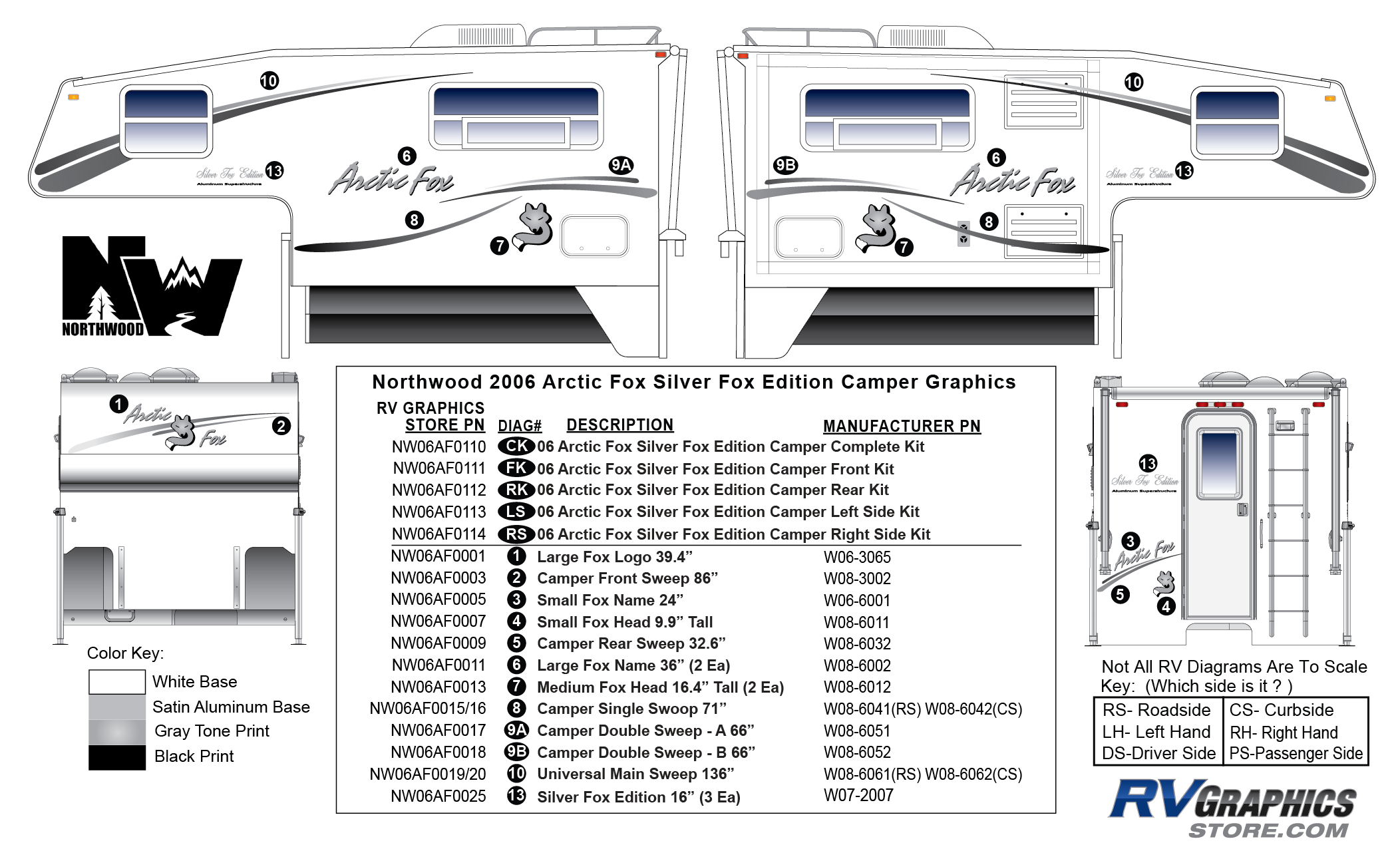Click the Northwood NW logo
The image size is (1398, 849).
coord(151,286)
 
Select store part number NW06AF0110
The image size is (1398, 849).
coord(438,447)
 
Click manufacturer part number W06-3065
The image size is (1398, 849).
coord(857,557)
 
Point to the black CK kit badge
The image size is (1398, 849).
coord(516,446)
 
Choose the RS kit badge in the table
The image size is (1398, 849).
coord(516,534)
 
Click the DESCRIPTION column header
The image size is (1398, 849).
coord(619,425)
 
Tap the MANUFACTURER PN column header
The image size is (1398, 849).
coord(902,426)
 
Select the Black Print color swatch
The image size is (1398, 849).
coord(117,757)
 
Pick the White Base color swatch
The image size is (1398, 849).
coord(117,682)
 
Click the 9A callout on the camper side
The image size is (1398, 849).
coord(621,165)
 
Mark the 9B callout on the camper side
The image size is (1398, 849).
coord(785,165)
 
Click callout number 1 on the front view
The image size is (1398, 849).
coord(118,404)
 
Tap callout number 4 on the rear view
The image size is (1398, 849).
coord(1166,606)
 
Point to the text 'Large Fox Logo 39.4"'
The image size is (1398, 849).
coord(615,557)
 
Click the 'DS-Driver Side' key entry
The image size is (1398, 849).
coord(1158,753)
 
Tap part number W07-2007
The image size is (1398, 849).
coord(858,795)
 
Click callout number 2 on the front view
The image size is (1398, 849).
coord(281,426)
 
